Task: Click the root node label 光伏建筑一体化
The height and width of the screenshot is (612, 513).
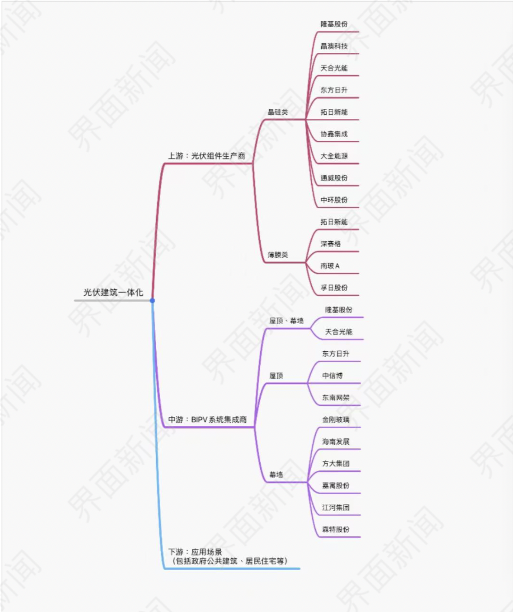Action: tap(113, 292)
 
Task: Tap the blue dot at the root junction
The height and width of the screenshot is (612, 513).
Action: tap(152, 301)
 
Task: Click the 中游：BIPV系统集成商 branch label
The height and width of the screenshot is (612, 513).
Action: tap(207, 420)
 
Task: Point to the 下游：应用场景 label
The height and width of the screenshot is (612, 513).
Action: tap(191, 552)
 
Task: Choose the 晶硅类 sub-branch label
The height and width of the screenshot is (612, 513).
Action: tap(278, 112)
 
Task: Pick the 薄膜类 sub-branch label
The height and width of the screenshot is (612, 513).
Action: tap(278, 255)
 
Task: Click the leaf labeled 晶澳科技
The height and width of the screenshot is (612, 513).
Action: tap(334, 46)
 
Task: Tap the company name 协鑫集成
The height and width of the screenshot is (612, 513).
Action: tap(334, 134)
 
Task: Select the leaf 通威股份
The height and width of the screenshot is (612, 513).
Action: tap(334, 178)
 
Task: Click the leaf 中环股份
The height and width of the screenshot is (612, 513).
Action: tap(334, 200)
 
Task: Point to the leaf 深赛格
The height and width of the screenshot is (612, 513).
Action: tap(331, 244)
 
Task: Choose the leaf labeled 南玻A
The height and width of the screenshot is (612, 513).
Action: tap(330, 266)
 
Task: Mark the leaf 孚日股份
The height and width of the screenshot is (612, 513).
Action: tap(334, 288)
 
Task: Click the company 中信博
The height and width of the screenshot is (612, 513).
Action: tap(332, 376)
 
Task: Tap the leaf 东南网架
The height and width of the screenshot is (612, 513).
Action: tap(336, 397)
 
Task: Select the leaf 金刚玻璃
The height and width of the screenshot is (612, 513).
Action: tap(336, 420)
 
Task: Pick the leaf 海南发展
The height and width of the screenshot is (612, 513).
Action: tap(336, 441)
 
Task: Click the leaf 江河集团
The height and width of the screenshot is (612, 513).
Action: tap(336, 507)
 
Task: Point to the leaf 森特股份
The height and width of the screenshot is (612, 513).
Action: tap(336, 530)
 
